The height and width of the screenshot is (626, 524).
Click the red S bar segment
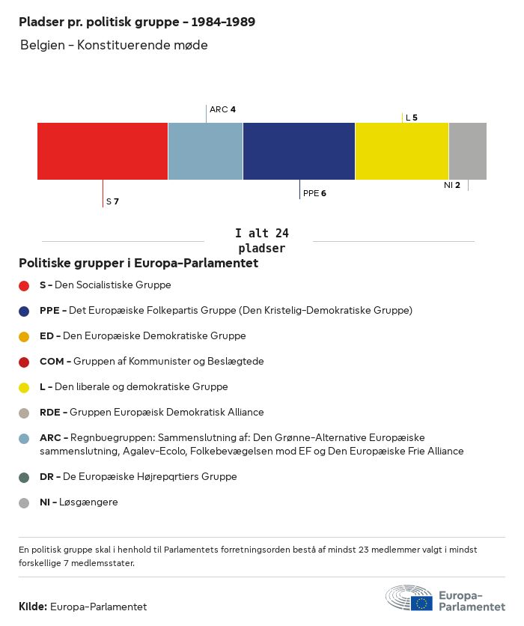click(103, 151)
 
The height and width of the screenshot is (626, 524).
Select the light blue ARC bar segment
click(205, 151)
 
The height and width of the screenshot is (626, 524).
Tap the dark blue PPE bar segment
click(299, 151)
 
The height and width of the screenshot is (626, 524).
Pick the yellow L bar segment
click(401, 151)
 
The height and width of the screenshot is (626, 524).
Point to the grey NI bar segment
click(467, 151)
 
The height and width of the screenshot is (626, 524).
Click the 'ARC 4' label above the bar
click(222, 109)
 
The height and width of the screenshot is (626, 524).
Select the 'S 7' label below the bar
click(112, 201)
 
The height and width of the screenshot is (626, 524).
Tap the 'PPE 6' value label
click(314, 193)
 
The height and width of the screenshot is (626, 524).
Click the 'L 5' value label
click(411, 118)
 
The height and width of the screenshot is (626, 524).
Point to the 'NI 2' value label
click(452, 185)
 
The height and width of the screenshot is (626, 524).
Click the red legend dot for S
click(24, 285)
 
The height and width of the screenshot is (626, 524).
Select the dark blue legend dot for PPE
click(24, 311)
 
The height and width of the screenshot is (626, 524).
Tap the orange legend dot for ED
click(24, 336)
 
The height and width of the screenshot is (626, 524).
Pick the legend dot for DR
click(24, 477)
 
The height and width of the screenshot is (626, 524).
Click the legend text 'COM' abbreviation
click(51, 362)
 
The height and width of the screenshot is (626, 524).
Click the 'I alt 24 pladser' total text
click(261, 241)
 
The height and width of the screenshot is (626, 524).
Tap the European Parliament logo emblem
click(409, 598)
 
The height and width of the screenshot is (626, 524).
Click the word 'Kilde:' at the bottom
click(33, 607)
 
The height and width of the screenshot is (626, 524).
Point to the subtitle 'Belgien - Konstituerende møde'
click(114, 45)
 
